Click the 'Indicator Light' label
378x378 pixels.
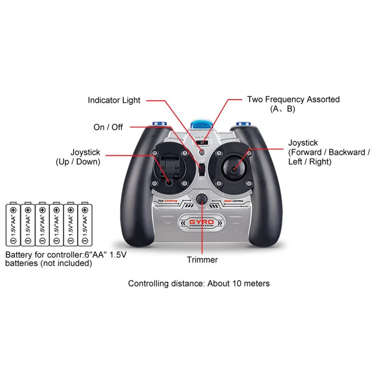[114, 101]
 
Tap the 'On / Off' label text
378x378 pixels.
[108, 127]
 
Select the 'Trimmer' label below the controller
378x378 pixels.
[202, 260]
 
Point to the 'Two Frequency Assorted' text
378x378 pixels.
[293, 100]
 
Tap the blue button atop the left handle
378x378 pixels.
[159, 125]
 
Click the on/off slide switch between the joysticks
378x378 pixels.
[201, 169]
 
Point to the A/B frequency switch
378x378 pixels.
[203, 142]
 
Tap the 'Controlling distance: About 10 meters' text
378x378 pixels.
[199, 283]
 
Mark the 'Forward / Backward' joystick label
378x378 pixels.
[329, 153]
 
